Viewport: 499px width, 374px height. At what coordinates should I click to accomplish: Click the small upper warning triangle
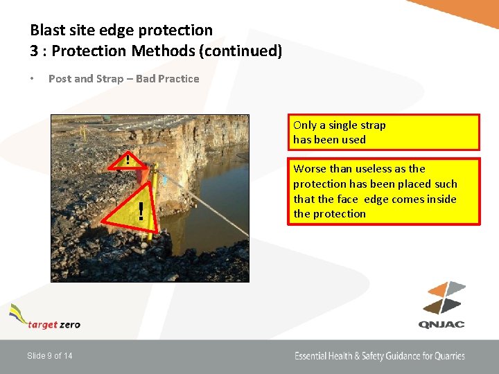click(x=128, y=159)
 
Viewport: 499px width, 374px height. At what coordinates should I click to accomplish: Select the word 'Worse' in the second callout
click(x=309, y=169)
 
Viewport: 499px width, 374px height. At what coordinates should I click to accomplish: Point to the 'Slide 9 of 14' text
click(x=49, y=356)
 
